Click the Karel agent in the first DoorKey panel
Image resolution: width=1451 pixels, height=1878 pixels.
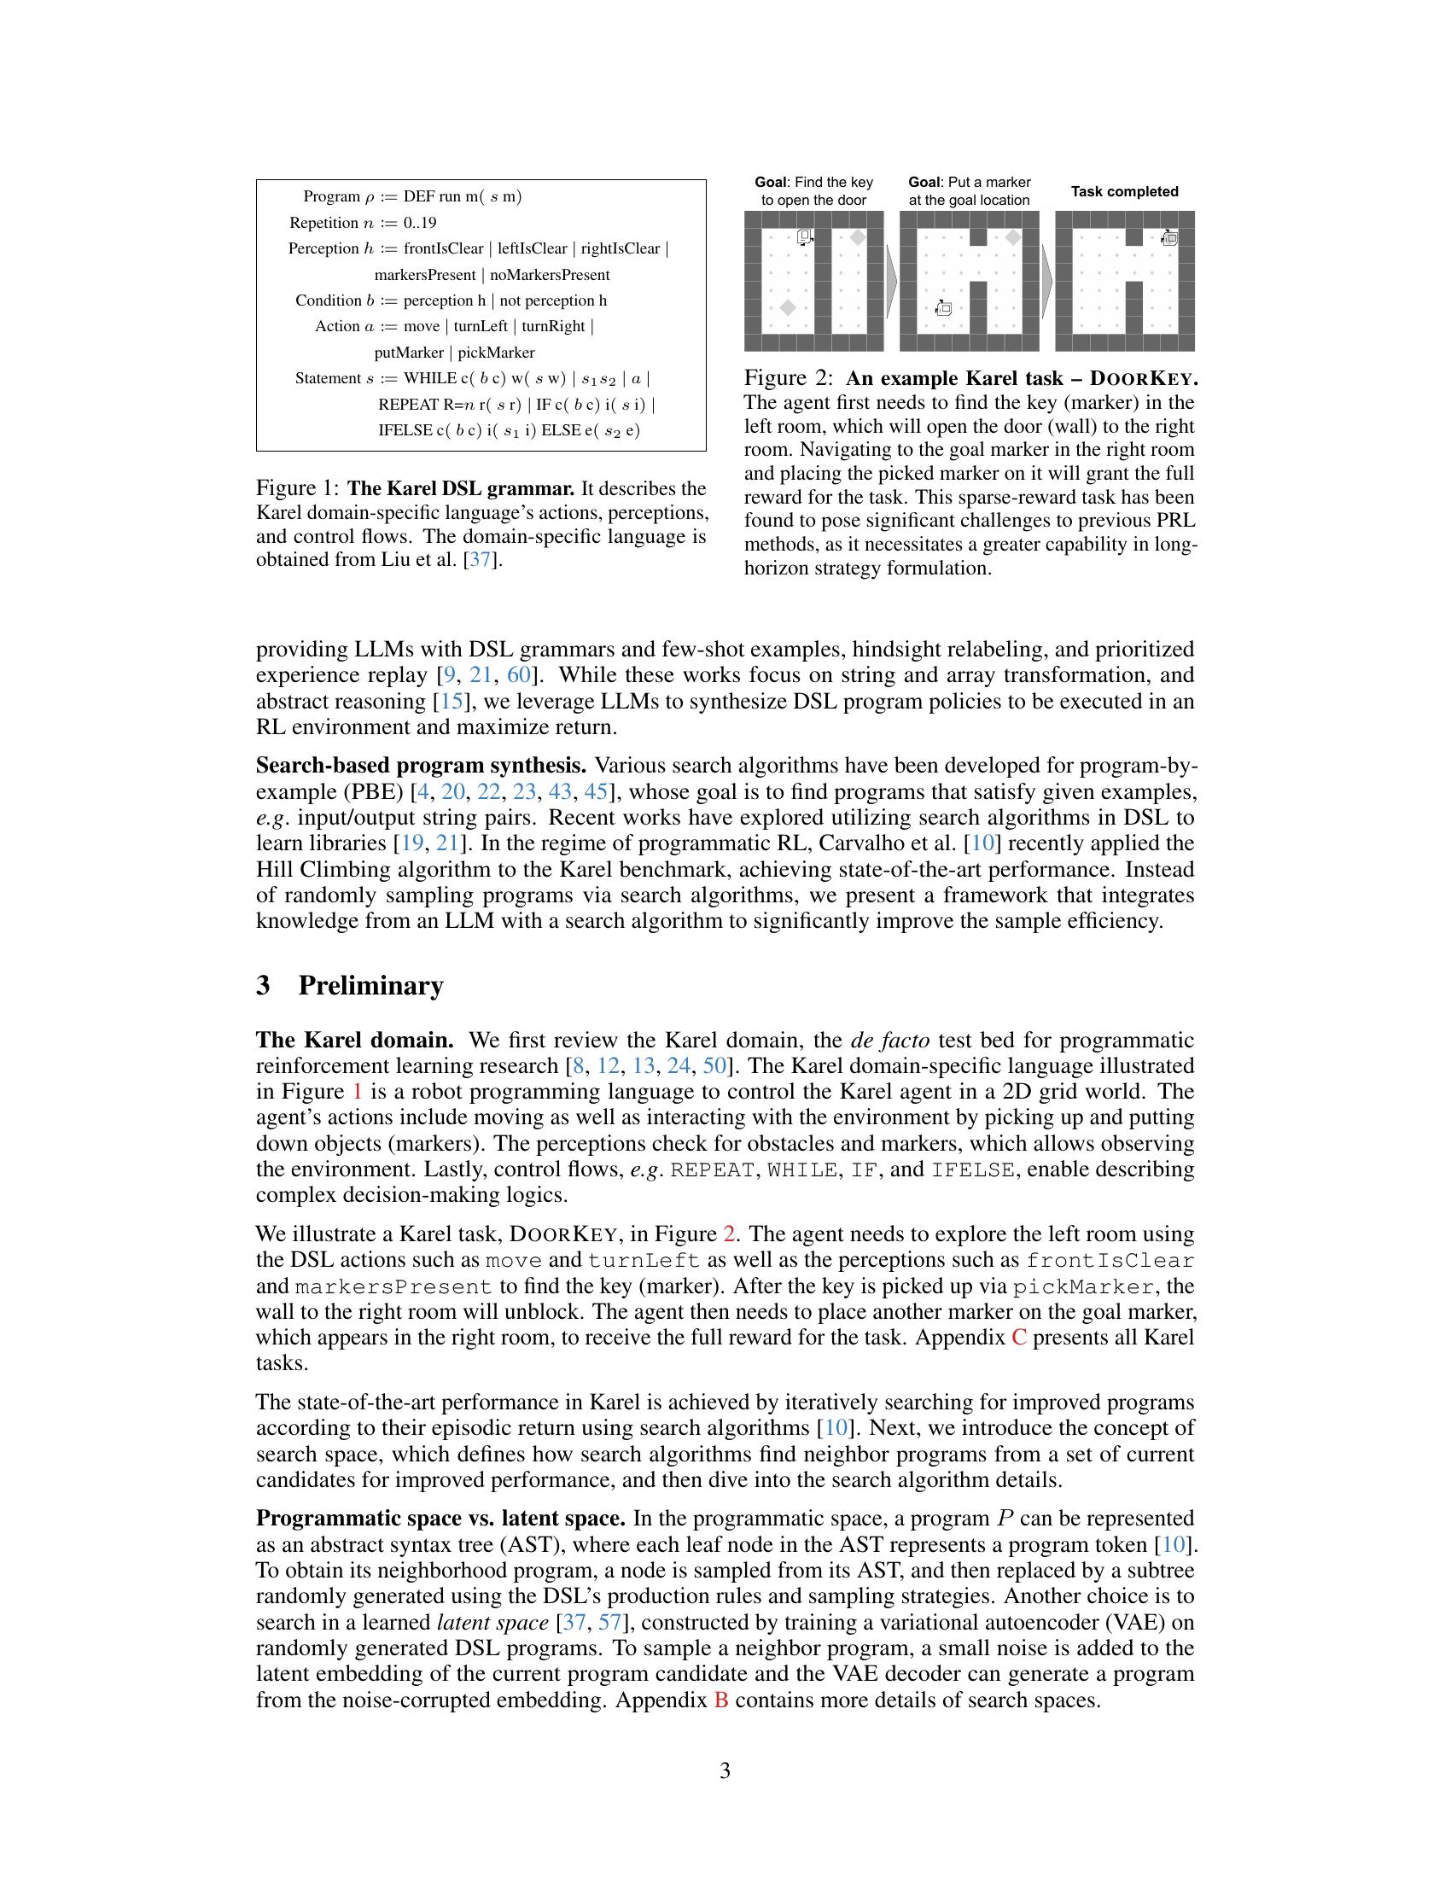[x=805, y=237]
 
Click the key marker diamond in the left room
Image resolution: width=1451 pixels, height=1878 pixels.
[x=787, y=308]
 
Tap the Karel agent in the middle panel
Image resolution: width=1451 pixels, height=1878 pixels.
[x=943, y=308]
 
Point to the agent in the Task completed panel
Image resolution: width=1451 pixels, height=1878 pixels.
[x=1169, y=237]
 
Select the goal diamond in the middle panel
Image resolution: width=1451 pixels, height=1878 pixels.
[x=1013, y=237]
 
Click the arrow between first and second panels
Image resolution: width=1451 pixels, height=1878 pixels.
[x=891, y=281]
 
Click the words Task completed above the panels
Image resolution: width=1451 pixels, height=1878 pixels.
[x=1124, y=192]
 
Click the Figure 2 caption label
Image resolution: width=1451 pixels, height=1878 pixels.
[x=789, y=378]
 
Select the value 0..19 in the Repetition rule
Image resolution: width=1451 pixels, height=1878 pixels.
[x=419, y=223]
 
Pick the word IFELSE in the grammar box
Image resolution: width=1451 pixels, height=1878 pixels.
[x=405, y=431]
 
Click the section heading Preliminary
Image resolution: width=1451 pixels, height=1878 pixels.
[x=370, y=985]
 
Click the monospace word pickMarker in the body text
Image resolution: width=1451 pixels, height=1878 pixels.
[x=1082, y=1287]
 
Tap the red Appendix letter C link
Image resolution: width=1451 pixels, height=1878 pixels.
[x=1019, y=1338]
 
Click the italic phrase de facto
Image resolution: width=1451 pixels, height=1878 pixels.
[x=889, y=1041]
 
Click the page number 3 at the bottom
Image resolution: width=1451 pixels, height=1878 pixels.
[x=725, y=1770]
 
